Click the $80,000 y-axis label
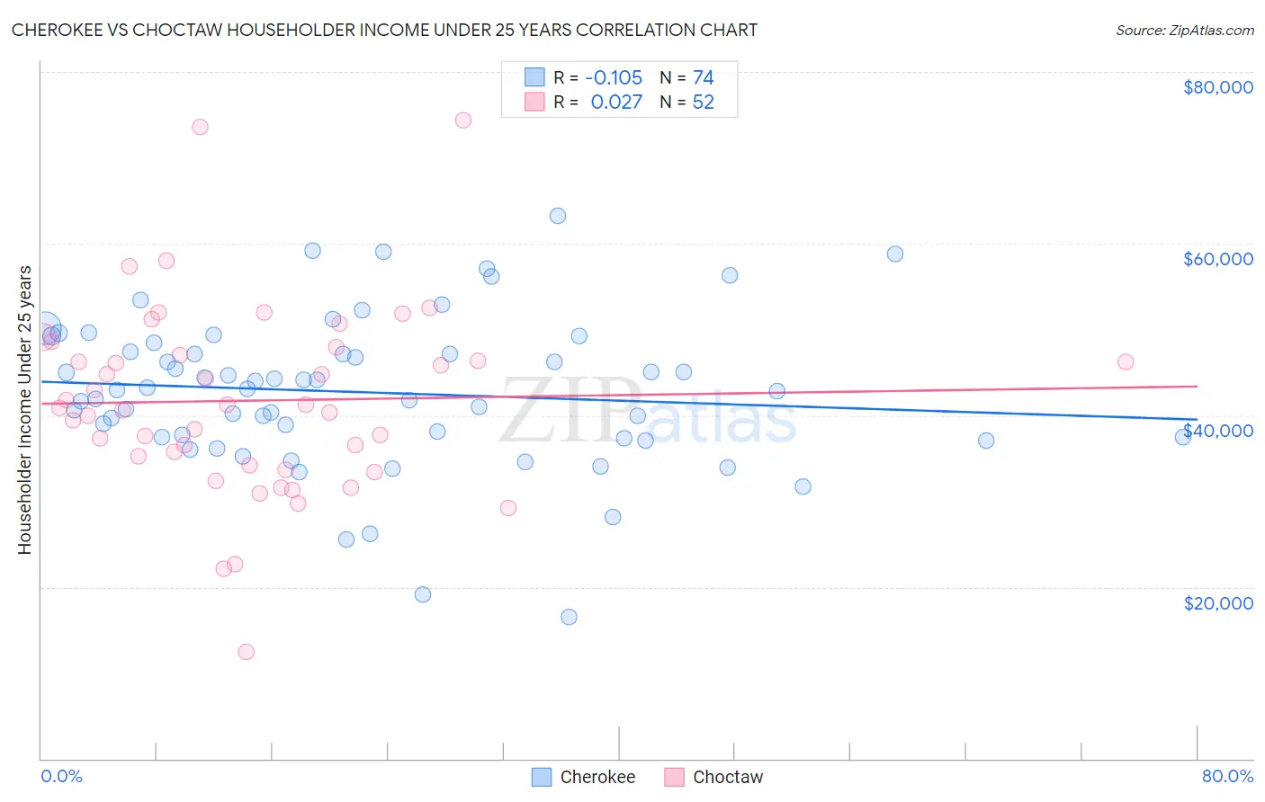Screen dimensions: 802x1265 1218,87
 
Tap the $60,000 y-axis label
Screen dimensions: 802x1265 1218,259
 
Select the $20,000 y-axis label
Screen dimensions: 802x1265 1218,602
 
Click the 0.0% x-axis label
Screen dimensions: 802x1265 61,776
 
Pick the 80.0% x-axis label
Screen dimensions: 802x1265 1227,776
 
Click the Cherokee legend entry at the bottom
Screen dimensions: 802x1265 597,777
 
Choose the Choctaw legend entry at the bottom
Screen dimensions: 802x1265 727,777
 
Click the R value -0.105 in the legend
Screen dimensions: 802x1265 614,77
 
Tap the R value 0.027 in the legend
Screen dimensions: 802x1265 616,102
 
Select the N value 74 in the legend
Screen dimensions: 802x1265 703,77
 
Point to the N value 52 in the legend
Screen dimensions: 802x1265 703,102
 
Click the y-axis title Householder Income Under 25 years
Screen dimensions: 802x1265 24,409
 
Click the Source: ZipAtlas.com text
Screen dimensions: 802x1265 1184,30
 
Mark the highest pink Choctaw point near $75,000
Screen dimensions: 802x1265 463,120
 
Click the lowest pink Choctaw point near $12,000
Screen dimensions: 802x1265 246,652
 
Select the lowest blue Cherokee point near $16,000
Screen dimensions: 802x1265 569,617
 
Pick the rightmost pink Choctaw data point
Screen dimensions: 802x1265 1126,362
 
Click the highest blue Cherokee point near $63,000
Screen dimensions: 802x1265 558,216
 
